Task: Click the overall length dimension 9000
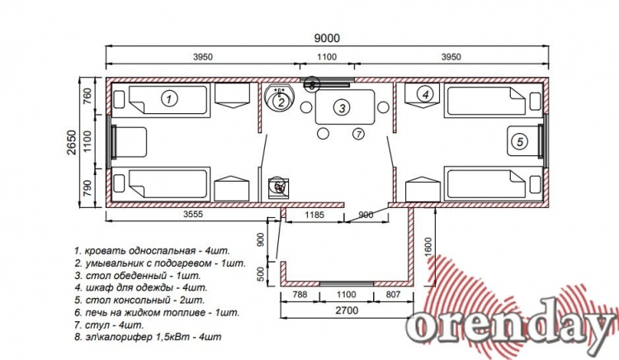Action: click(327, 38)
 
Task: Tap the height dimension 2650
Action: click(73, 143)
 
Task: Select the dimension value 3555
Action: click(192, 215)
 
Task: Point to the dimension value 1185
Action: click(314, 215)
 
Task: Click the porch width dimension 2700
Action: click(347, 310)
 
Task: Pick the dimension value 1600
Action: click(428, 247)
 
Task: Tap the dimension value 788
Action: click(300, 295)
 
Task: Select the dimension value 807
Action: click(393, 295)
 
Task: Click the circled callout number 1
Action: click(169, 98)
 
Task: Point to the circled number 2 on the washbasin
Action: click(281, 102)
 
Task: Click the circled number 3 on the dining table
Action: click(342, 107)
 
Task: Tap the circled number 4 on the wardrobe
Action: click(425, 94)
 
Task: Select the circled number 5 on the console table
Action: click(520, 142)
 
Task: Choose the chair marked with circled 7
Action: click(358, 135)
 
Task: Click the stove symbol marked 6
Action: click(279, 187)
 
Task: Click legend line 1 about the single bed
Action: click(152, 251)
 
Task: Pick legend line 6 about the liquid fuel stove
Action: click(157, 313)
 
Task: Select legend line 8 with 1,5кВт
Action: click(148, 337)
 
